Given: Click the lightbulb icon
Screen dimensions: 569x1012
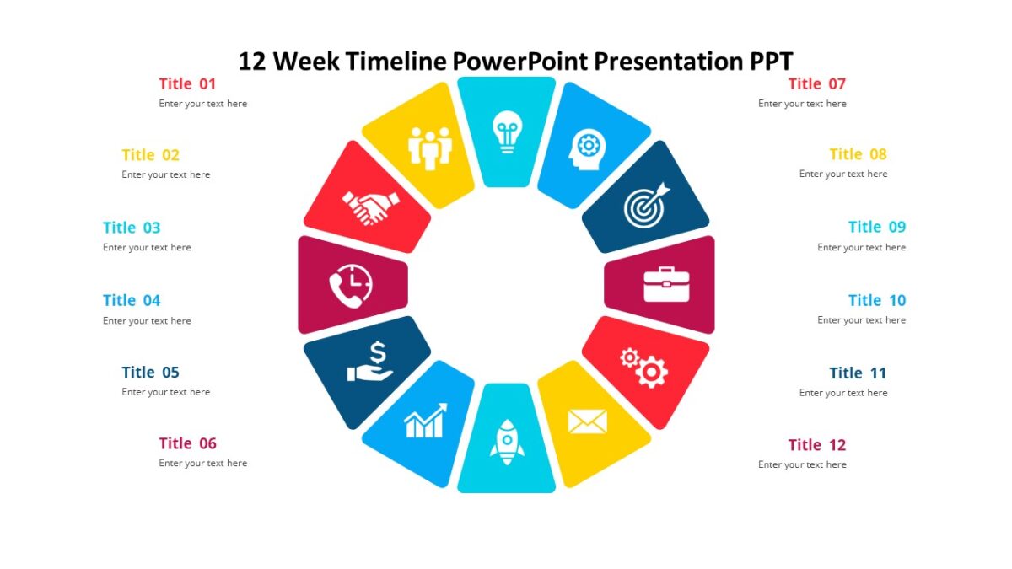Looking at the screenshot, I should [507, 132].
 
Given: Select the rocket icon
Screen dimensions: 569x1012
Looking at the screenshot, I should [507, 442].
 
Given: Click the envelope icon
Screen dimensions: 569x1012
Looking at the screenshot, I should [587, 421].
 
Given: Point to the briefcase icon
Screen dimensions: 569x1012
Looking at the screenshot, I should [666, 284].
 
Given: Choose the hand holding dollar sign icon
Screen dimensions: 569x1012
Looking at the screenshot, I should [370, 361].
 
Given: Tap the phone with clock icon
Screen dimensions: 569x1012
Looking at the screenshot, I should [350, 287].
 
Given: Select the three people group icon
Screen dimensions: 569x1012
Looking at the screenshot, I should [430, 148].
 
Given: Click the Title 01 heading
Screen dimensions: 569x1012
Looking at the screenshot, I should [187, 83].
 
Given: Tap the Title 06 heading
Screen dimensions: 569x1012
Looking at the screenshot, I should [187, 443].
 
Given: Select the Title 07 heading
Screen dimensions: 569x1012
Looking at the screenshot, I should [816, 83].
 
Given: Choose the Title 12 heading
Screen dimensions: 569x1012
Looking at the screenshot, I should [816, 445].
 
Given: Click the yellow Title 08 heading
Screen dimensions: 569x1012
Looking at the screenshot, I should [858, 154].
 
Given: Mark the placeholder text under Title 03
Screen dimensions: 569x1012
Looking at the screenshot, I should [147, 248].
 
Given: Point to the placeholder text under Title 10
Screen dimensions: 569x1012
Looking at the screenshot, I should [861, 320].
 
